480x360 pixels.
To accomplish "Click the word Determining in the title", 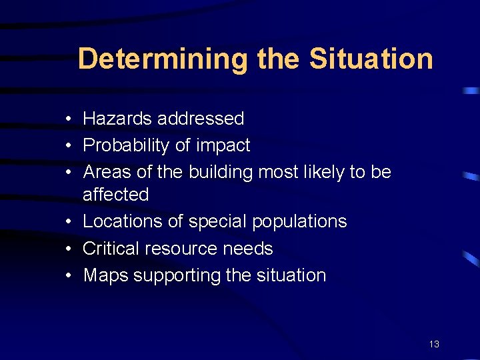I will pos(162,59).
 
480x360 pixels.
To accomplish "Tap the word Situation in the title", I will pos(371,59).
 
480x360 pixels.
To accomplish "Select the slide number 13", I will pos(434,345).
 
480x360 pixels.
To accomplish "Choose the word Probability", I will pos(125,145).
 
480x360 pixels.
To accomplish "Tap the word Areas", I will pos(107,172).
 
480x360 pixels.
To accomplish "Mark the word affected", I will pos(116,195).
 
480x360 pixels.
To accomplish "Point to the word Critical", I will pos(111,249).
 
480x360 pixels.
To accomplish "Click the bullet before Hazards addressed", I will pos(69,119).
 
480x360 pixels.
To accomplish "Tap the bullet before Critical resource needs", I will pos(69,249).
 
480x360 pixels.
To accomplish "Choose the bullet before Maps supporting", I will pos(69,276).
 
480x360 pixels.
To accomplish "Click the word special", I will pos(213,221).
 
